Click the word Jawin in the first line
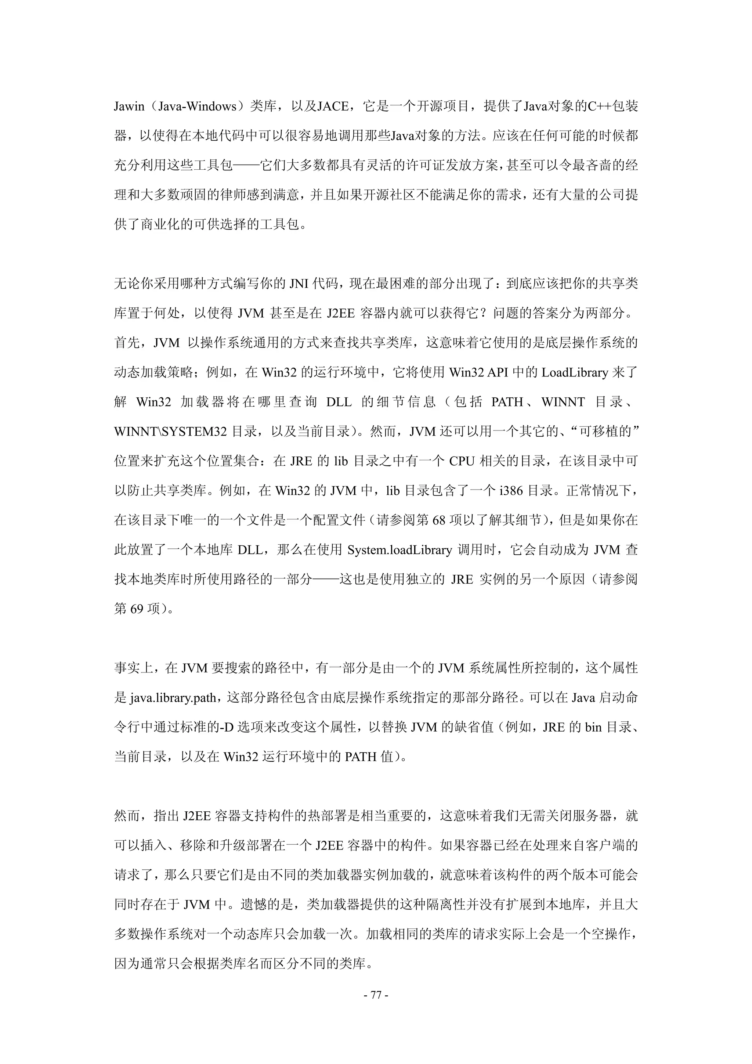(x=129, y=107)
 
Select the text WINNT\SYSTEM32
(x=170, y=432)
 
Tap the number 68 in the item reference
(x=439, y=520)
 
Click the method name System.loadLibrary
(x=399, y=550)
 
